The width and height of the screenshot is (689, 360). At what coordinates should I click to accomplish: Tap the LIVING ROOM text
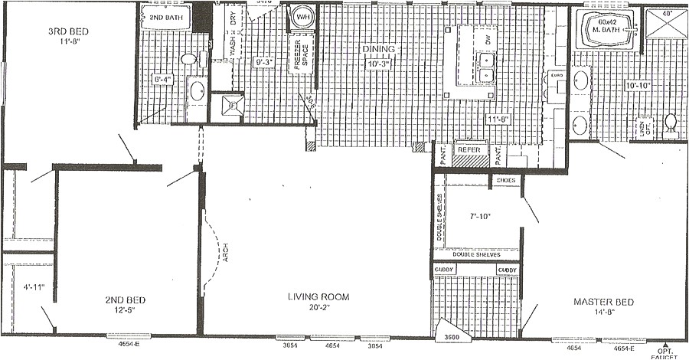[318, 297]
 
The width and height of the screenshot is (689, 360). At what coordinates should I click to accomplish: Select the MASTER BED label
[604, 302]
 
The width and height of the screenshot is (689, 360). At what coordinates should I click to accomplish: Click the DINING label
[379, 50]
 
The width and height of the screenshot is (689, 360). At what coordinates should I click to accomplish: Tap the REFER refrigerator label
[468, 151]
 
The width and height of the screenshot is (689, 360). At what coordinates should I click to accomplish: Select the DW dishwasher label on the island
[486, 38]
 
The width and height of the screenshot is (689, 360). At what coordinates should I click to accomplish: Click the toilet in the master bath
[671, 123]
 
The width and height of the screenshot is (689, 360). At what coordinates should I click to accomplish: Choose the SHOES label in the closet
[506, 182]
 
